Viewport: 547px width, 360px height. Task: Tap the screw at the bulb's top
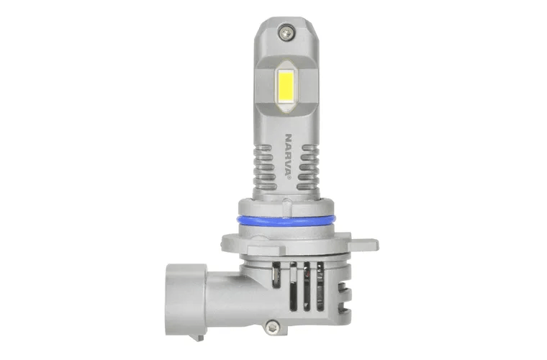[x=285, y=32]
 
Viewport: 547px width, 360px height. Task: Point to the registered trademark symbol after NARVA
[x=289, y=178]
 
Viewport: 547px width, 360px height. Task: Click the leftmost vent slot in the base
[x=276, y=282]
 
